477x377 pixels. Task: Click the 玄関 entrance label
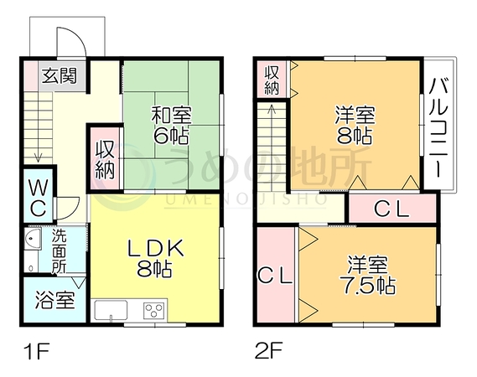(60, 75)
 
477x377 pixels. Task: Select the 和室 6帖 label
(171, 126)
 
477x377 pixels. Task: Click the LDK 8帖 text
(155, 258)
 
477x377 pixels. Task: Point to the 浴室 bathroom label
(54, 300)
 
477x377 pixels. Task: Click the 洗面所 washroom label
(59, 251)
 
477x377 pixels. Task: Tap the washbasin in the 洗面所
(33, 240)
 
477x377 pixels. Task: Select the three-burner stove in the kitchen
(153, 311)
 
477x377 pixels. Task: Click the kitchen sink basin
(111, 310)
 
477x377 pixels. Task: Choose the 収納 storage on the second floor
(272, 80)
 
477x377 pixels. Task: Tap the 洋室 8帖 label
(355, 125)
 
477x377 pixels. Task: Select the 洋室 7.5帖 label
(368, 275)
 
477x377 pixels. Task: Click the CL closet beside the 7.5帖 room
(275, 276)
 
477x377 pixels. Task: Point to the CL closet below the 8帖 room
(391, 209)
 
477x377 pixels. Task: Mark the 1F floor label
(37, 352)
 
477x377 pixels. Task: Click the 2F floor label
(269, 350)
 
